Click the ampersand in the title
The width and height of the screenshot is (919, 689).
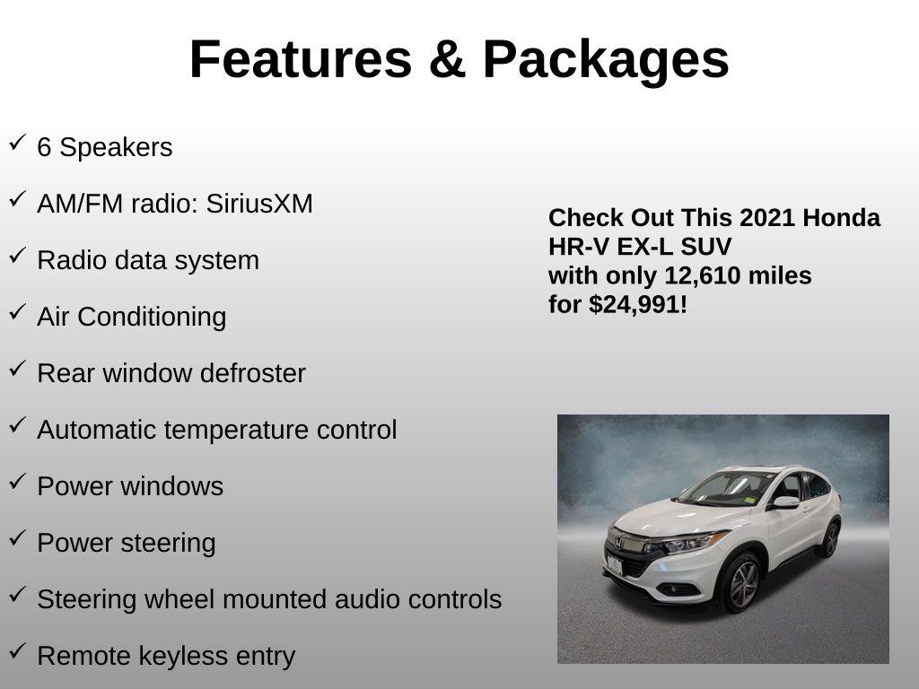(x=447, y=59)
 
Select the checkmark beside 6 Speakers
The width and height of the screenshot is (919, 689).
(x=18, y=142)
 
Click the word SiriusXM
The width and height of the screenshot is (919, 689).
(x=259, y=204)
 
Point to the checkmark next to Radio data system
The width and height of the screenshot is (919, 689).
(x=18, y=255)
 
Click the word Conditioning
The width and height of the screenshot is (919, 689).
(x=152, y=318)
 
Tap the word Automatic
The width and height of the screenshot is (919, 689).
(x=97, y=430)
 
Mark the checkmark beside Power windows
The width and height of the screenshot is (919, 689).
(x=18, y=481)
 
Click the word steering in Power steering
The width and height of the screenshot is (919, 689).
(x=168, y=544)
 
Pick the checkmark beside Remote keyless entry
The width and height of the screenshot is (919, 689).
(x=18, y=650)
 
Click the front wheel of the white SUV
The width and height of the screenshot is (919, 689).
(x=742, y=583)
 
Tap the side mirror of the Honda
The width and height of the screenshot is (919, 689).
(x=785, y=502)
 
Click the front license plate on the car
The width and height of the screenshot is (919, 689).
(x=615, y=565)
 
